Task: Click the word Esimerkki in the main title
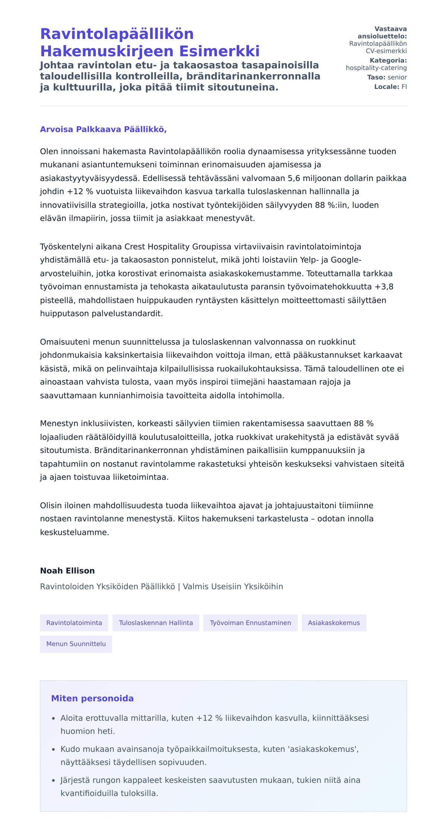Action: (219, 51)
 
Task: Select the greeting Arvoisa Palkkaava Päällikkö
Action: (103, 129)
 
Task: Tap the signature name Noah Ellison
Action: (67, 571)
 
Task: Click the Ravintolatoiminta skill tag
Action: (74, 623)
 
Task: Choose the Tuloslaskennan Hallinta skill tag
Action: (156, 623)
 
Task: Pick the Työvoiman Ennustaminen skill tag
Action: (250, 623)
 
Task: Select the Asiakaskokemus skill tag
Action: (334, 623)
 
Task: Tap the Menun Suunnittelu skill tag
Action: (76, 644)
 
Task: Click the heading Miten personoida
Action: (92, 698)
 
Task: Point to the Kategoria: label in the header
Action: (388, 60)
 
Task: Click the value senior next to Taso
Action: (397, 77)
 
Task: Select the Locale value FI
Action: (404, 87)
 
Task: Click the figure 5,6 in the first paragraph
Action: (294, 178)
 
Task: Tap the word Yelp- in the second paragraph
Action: (308, 260)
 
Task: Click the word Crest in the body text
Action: (135, 247)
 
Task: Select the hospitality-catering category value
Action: (376, 68)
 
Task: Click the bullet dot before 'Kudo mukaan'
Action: (53, 749)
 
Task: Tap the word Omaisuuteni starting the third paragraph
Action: (65, 342)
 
